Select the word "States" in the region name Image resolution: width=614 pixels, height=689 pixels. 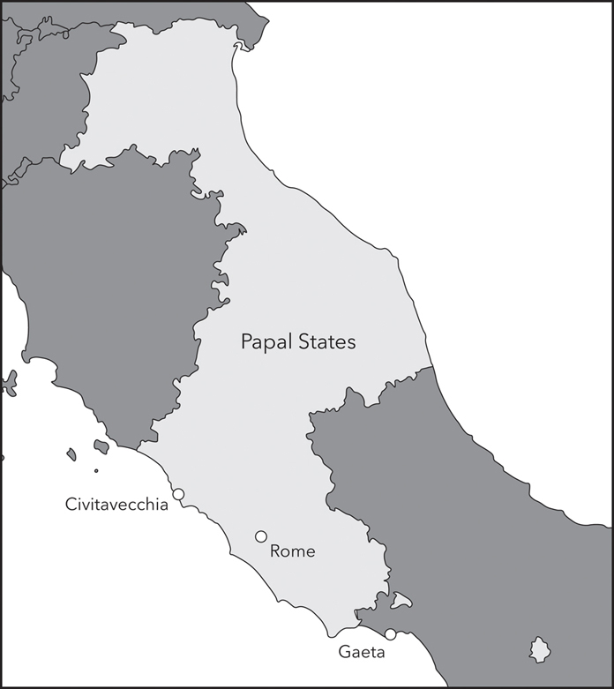point(327,341)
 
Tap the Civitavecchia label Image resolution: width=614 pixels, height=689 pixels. point(116,505)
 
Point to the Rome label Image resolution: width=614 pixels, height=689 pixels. point(292,552)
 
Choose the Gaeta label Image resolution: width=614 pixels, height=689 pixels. point(362,653)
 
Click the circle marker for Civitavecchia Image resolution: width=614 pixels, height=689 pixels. point(177,495)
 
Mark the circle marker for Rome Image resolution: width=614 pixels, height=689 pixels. point(261,536)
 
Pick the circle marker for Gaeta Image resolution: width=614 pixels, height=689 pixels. point(390,634)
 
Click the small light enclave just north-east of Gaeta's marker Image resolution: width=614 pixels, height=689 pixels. point(402,602)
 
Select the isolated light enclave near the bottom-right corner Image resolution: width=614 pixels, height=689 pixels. point(540,651)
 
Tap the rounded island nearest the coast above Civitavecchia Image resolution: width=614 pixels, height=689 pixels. point(101,447)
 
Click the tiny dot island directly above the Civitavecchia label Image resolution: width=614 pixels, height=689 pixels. point(96,470)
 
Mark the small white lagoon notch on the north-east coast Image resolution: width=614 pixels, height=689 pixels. point(238,44)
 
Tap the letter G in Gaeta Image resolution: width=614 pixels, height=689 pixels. point(344,653)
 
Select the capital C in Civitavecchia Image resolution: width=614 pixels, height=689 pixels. point(71,505)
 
